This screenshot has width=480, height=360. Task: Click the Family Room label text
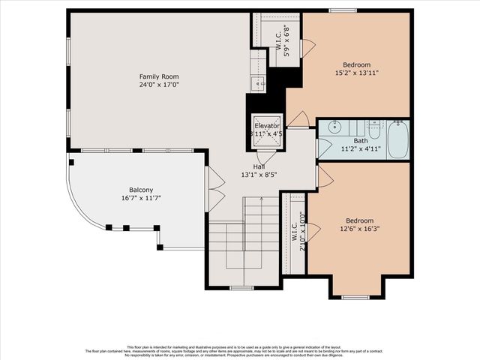[x=158, y=76]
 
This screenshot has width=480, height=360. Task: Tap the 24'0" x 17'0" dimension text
[x=158, y=85]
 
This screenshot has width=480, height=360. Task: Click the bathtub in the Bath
[x=397, y=139]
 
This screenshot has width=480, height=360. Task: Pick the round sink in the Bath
[x=335, y=126]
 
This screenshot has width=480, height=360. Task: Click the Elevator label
[x=267, y=125]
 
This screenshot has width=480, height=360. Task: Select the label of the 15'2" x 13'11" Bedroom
[x=357, y=64]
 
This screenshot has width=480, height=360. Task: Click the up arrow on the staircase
[x=260, y=201]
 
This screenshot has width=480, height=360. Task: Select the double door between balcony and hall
[x=214, y=188]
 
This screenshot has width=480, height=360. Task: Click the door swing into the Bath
[x=323, y=148]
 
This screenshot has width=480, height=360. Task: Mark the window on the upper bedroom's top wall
[x=343, y=10]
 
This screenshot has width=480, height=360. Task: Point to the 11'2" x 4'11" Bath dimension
[x=361, y=149]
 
